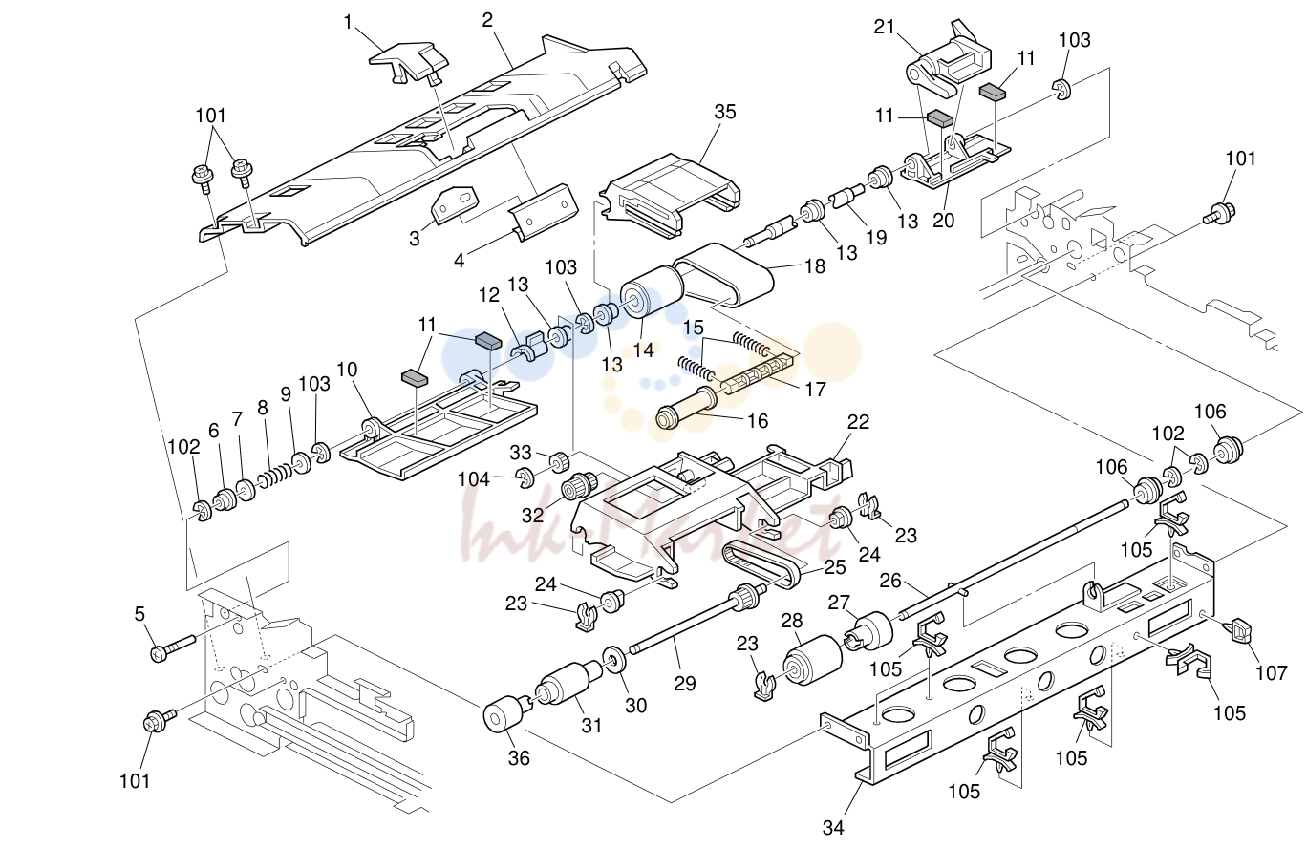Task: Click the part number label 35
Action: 725,112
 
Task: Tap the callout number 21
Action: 884,28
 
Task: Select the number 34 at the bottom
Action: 833,827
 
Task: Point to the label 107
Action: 1272,673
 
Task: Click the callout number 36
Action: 519,758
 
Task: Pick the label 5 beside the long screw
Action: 139,613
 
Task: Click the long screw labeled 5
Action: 173,647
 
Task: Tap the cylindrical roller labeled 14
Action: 652,291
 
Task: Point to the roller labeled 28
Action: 812,660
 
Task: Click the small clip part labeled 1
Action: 409,61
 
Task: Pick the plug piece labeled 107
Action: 1240,631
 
